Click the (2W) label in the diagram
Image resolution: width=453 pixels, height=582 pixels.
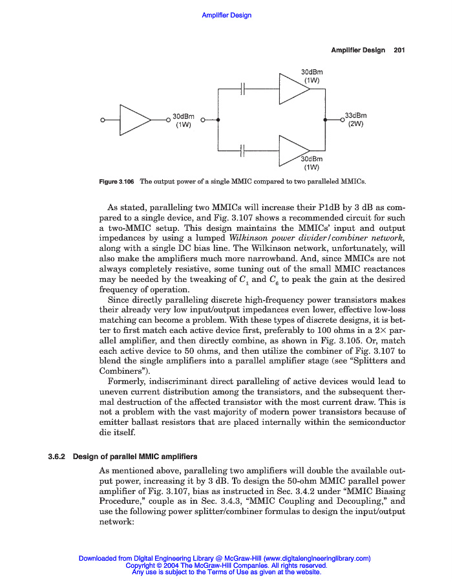(x=356, y=124)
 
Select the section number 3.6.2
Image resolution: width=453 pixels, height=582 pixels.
(x=59, y=457)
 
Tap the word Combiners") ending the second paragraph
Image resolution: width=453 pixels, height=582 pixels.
(x=122, y=371)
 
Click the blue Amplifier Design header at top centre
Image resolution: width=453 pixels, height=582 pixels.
(x=226, y=15)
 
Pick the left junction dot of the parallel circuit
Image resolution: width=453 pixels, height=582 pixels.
(x=218, y=120)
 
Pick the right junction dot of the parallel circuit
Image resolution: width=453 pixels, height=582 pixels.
(x=325, y=120)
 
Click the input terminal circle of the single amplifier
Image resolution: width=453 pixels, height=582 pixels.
(x=101, y=120)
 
